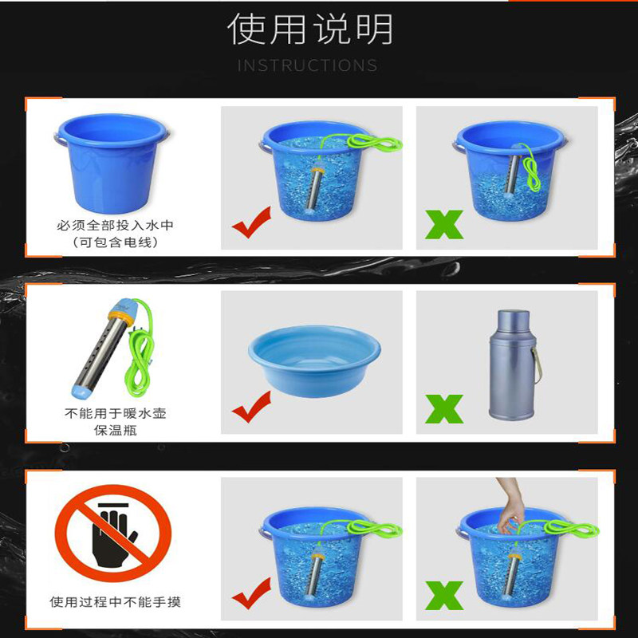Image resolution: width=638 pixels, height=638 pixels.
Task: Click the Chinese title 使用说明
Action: [x=310, y=29]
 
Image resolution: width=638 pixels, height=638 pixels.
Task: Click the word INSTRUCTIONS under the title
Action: [x=308, y=65]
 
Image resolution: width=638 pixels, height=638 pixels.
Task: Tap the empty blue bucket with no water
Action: [x=112, y=163]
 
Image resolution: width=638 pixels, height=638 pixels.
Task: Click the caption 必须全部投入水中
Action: [x=115, y=225]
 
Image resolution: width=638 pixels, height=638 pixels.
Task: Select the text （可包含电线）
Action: [x=115, y=242]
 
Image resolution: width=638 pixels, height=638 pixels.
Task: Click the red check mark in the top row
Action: [x=251, y=223]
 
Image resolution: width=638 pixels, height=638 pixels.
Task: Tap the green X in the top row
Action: [x=444, y=225]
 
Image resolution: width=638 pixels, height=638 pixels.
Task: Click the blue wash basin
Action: [x=314, y=360]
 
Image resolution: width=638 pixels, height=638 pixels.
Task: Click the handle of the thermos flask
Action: [x=537, y=365]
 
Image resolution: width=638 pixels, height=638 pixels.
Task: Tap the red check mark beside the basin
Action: [x=251, y=407]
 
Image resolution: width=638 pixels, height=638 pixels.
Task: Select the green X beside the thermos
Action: [x=444, y=409]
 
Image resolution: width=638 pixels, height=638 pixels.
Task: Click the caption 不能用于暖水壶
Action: [x=116, y=413]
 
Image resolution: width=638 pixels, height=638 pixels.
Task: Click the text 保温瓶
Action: [x=116, y=430]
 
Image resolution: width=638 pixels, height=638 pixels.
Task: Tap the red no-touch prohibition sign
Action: [x=113, y=533]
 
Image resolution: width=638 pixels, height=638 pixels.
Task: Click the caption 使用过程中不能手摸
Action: [x=115, y=602]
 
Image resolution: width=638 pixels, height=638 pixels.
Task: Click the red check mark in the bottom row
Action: [x=251, y=593]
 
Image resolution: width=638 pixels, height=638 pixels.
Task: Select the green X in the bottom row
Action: [x=444, y=596]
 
